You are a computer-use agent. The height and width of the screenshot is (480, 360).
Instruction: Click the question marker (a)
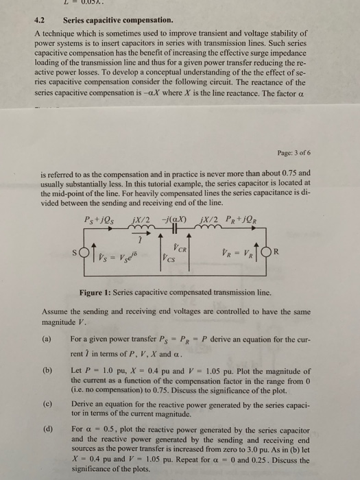click(x=47, y=339)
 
